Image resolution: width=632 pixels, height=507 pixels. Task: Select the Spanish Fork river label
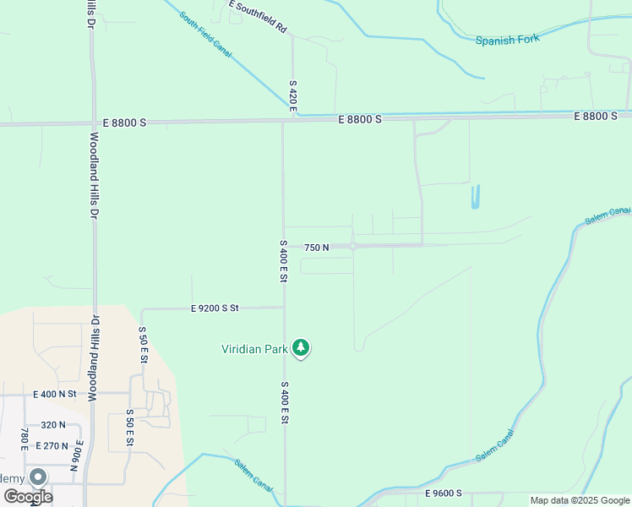click(507, 40)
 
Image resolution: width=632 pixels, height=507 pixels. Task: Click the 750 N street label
click(316, 247)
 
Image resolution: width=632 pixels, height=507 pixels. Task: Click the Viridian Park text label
click(253, 348)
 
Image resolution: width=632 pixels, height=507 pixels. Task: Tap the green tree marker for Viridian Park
click(301, 347)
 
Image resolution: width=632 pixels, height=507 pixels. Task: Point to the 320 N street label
click(52, 425)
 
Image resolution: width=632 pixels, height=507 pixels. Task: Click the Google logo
click(27, 497)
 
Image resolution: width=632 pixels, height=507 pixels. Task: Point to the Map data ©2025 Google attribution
click(580, 500)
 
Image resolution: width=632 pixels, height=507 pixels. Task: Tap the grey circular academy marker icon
click(38, 477)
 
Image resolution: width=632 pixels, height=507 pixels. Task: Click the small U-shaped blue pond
click(475, 198)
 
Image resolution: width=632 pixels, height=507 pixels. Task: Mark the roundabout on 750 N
click(353, 246)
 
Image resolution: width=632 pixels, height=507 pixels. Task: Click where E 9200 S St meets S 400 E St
click(283, 308)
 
